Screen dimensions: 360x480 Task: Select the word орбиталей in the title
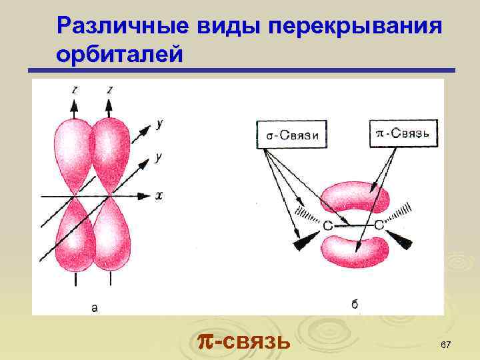[x=119, y=53]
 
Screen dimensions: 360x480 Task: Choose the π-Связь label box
[x=403, y=133]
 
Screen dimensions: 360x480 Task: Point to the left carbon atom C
[x=327, y=227]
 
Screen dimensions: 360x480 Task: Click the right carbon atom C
[x=379, y=226]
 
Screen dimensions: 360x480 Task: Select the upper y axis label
[x=160, y=123]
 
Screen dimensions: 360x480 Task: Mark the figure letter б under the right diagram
[x=355, y=304]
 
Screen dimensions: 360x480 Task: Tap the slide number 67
[x=446, y=343]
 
